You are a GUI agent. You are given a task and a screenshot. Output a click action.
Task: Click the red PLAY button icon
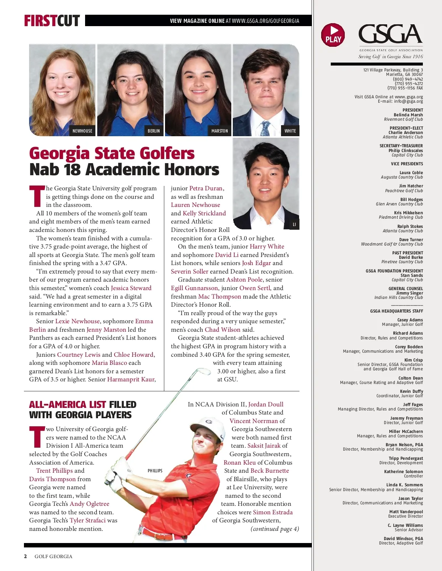coord(333,35)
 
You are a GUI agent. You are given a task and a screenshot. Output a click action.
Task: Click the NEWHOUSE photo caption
coord(82,131)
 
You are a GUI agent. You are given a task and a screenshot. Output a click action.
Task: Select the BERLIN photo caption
coord(154,131)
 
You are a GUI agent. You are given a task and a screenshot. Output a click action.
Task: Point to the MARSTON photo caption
coord(220,131)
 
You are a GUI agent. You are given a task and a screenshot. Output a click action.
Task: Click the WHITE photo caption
coord(290,131)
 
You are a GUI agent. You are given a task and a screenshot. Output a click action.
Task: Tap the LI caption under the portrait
coord(294,224)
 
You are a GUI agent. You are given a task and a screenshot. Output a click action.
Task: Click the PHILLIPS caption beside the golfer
coord(155,471)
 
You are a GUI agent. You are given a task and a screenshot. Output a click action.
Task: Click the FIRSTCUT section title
coord(52,21)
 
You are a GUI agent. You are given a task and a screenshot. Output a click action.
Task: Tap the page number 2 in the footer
coord(25,556)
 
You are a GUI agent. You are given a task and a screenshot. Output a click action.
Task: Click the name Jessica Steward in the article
coord(131,288)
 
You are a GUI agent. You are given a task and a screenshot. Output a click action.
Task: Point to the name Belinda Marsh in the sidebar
coord(408,115)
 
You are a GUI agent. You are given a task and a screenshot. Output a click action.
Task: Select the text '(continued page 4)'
coord(275,529)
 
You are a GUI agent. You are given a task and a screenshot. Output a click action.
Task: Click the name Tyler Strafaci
coord(88,520)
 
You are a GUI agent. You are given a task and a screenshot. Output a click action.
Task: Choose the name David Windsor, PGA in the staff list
coord(403,539)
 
